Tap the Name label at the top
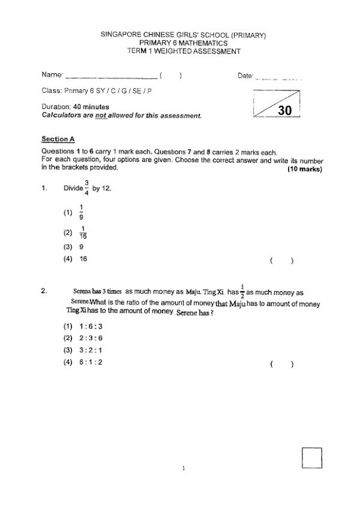tap(52, 75)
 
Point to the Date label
tap(245, 75)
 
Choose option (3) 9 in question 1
tap(80, 246)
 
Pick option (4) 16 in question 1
tap(83, 260)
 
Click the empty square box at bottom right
tap(312, 457)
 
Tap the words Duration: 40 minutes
tap(75, 107)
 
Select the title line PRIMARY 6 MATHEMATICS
tap(183, 43)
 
